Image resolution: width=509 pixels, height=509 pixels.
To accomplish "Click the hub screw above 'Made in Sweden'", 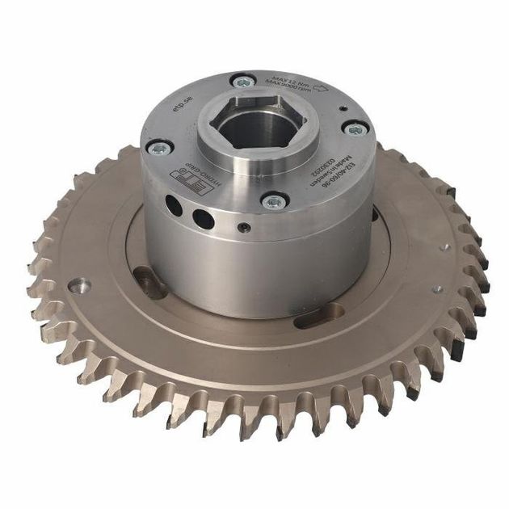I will point(354,128).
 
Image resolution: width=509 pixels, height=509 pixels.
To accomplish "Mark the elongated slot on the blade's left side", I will point(148,283).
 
